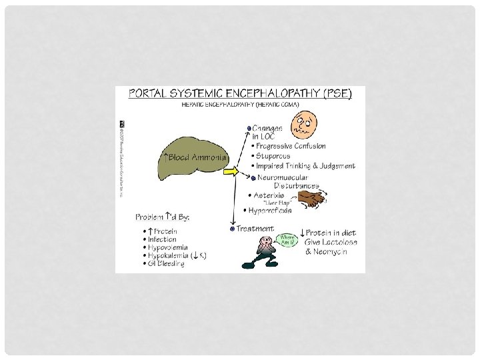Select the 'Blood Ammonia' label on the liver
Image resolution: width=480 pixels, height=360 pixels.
(x=195, y=157)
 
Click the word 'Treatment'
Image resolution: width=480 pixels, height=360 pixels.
(x=257, y=228)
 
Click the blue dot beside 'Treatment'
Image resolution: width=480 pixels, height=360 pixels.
(x=232, y=229)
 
